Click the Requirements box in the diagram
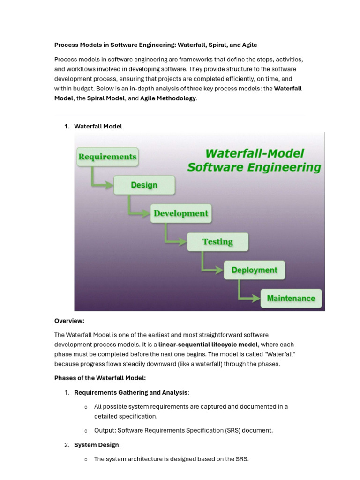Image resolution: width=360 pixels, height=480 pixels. [107, 157]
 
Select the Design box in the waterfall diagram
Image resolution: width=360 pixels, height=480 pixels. [144, 185]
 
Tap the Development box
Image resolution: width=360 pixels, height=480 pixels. [180, 213]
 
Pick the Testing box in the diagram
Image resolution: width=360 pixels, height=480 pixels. [217, 242]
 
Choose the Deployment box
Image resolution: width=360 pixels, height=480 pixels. [254, 270]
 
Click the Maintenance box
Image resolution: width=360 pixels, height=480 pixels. [291, 298]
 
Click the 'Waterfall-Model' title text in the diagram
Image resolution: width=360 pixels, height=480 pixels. [255, 153]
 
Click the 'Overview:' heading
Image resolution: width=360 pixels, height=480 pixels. [69, 321]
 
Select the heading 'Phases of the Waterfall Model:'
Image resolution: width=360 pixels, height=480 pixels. [100, 378]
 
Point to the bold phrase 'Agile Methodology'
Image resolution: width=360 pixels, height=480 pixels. [168, 98]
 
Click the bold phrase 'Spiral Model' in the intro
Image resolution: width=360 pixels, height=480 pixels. [106, 98]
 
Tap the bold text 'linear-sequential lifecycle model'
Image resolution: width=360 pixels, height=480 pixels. [208, 345]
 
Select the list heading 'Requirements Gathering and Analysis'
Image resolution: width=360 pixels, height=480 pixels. [131, 392]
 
